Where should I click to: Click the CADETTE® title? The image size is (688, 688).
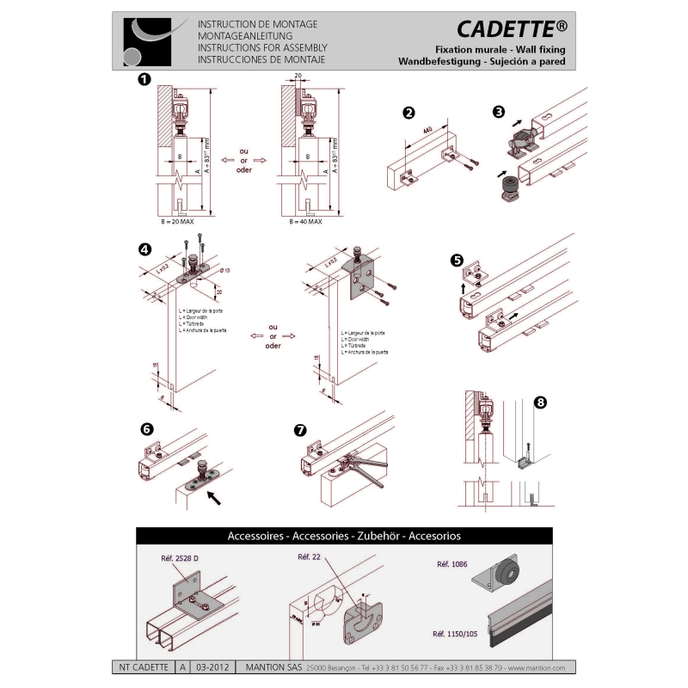tap(511, 30)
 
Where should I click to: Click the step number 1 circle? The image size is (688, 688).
tap(144, 80)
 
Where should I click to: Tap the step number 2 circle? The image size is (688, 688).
tap(409, 113)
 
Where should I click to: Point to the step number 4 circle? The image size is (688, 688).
tap(144, 250)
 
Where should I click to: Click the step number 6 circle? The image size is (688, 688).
tap(146, 427)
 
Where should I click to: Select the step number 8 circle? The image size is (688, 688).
tap(540, 402)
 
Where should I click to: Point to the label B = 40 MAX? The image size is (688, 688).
tap(304, 222)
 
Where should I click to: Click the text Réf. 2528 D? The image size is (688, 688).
tap(180, 558)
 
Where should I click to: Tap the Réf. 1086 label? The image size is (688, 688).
tap(451, 565)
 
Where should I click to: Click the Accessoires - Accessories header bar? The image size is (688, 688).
tap(344, 535)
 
